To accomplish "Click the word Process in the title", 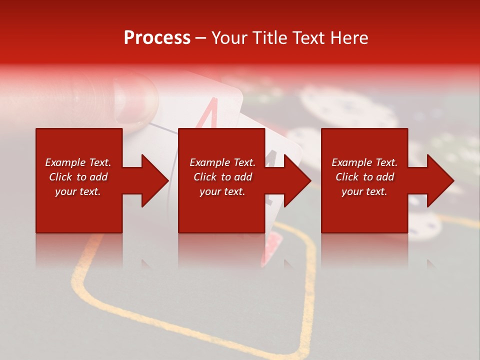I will point(157,37).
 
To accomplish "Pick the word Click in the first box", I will point(60,177).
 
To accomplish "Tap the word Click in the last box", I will point(346,177).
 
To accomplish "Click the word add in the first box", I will point(98,177).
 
